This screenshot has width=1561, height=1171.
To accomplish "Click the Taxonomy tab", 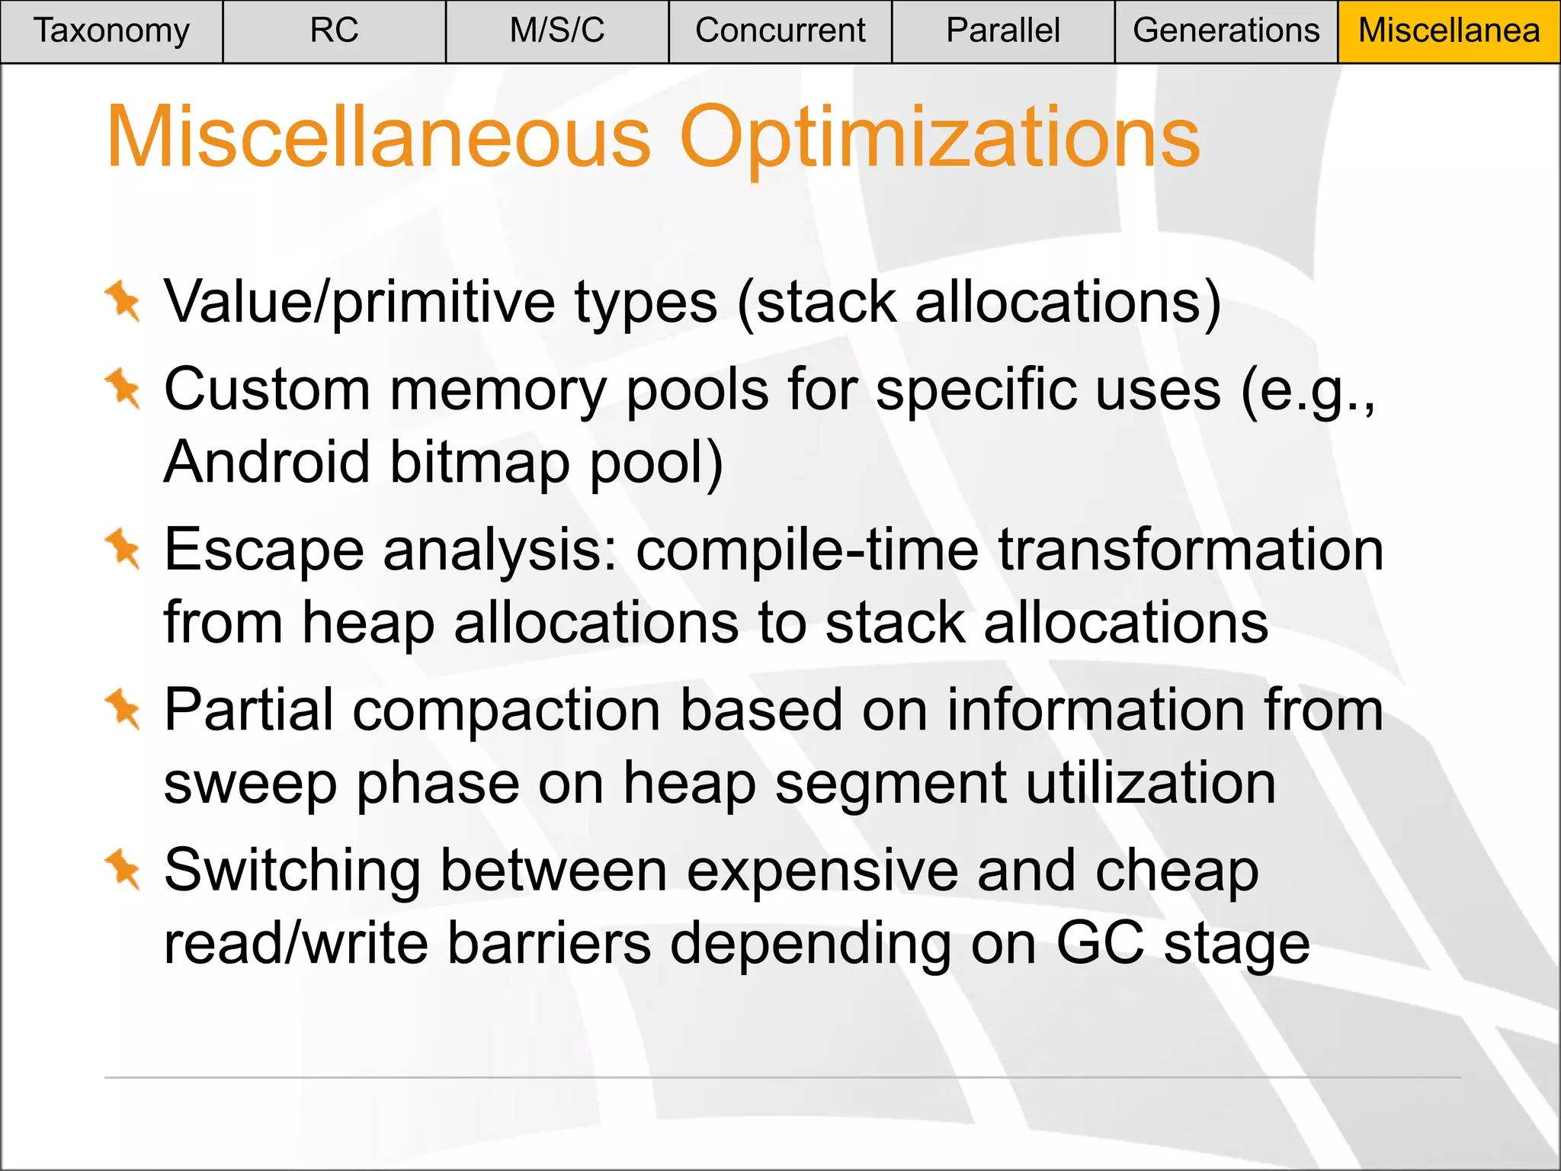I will [111, 31].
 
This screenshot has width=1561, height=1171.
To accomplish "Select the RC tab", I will [334, 31].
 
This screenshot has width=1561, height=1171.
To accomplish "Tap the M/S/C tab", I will [557, 31].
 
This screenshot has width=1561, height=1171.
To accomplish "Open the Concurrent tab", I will [780, 31].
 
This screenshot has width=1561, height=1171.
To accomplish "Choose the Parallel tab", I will [1003, 31].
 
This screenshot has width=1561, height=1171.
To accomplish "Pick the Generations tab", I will [1226, 31].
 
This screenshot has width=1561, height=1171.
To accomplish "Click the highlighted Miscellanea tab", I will [1449, 31].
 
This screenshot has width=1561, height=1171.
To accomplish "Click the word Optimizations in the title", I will [939, 138].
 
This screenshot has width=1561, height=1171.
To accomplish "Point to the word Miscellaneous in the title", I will [379, 138].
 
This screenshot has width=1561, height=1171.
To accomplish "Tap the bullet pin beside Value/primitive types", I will [123, 301].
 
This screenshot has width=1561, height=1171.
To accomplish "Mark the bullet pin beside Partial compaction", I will [123, 709].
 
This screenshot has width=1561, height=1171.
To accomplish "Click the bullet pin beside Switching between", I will [123, 870].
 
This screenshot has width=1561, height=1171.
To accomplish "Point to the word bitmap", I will [480, 462].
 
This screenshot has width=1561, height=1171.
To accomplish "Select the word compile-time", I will [806, 550].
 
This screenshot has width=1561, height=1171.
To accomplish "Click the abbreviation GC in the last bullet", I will [1100, 944].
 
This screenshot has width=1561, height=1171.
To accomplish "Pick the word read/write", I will [296, 944].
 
